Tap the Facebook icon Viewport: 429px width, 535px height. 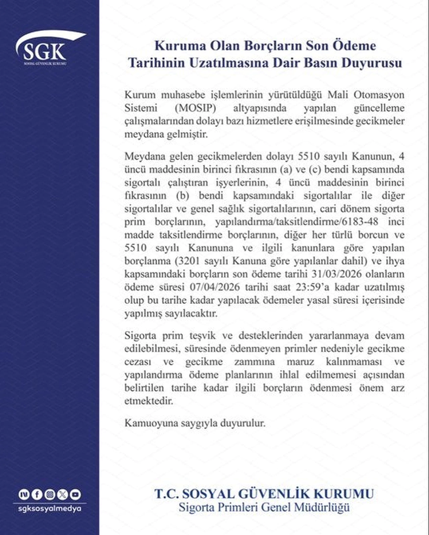pos(37,494)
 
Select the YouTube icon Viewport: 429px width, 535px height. pos(75,494)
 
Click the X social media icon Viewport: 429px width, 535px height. pos(63,494)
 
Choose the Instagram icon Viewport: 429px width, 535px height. pos(50,494)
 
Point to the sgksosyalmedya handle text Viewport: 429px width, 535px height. pos(50,509)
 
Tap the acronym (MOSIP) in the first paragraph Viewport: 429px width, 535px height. pos(195,108)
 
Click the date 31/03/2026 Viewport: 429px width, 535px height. pos(336,274)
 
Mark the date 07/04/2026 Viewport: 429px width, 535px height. pos(215,287)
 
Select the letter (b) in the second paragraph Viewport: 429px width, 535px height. pos(182,196)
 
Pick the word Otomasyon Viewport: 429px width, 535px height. pos(379,95)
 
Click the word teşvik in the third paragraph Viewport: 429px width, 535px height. pos(202,336)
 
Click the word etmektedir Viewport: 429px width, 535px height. pos(149,401)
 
